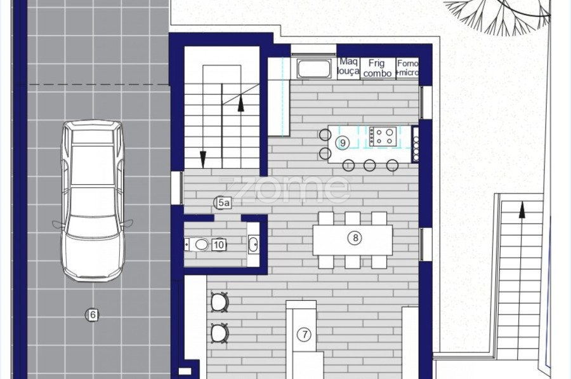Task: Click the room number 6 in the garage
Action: tap(93, 314)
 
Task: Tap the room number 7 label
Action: tap(305, 334)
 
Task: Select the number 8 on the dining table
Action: tap(355, 238)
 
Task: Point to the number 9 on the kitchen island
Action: tap(343, 142)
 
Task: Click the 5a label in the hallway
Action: tap(223, 203)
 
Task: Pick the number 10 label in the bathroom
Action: tap(219, 244)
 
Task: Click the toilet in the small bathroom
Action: tap(196, 244)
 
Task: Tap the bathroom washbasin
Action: tap(253, 244)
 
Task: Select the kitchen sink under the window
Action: tap(314, 69)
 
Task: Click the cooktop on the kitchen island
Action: tap(383, 136)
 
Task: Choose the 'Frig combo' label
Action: tap(377, 68)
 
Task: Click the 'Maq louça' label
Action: tap(348, 66)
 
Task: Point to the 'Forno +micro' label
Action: tap(407, 68)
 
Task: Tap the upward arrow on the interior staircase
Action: tap(240, 103)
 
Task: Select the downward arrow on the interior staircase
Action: tap(203, 157)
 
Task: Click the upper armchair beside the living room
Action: tap(220, 302)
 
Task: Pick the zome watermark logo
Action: tap(284, 189)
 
